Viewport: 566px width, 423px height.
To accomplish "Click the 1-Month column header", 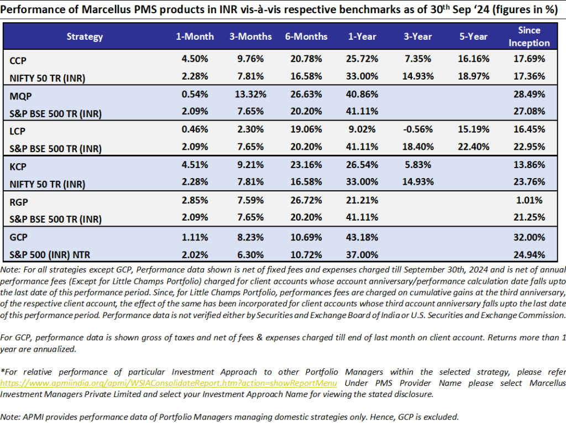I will tap(195, 36).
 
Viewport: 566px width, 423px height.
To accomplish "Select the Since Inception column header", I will tap(529, 36).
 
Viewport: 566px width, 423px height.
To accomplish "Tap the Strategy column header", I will tap(85, 36).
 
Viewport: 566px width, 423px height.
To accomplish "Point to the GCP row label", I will tap(19, 237).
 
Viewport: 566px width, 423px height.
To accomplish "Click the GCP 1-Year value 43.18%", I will tap(363, 237).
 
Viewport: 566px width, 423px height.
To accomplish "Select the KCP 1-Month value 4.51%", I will tap(195, 166).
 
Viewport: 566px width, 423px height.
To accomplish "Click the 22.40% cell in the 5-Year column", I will tap(473, 148).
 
